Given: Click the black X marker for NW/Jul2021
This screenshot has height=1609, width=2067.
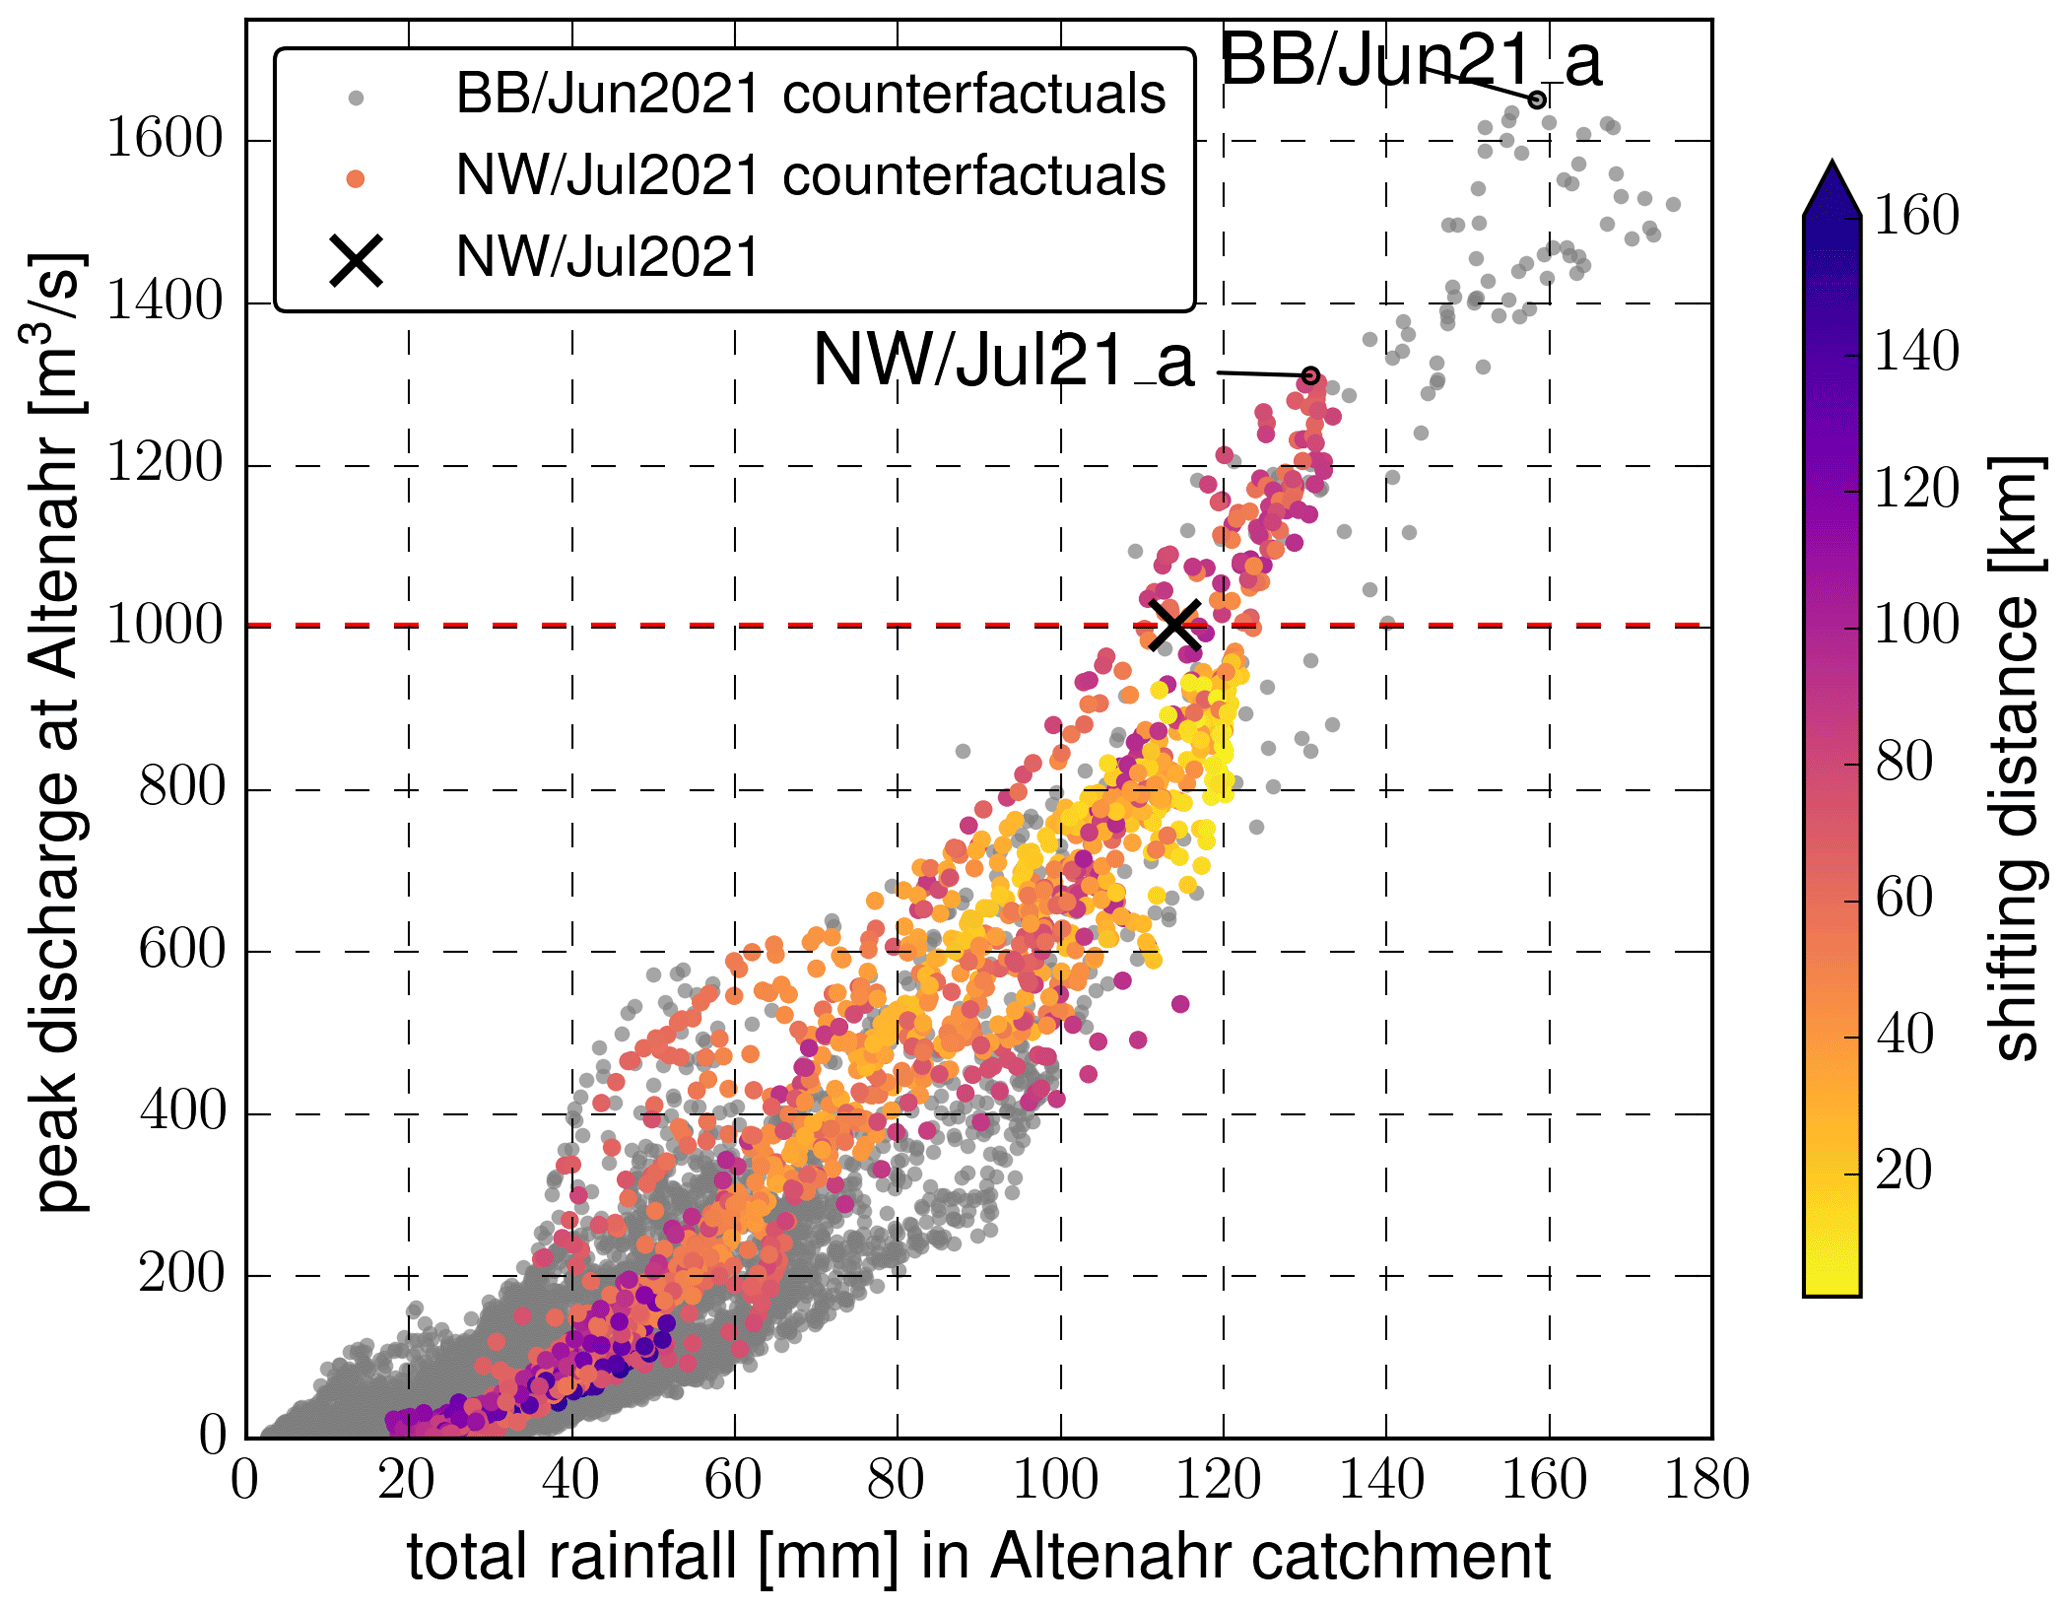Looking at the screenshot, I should [x=1174, y=625].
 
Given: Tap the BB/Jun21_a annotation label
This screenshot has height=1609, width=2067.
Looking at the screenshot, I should [x=1410, y=60].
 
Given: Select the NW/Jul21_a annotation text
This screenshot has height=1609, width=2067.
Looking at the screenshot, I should [x=1003, y=360].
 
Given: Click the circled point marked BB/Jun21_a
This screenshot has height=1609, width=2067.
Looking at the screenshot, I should [x=1538, y=99].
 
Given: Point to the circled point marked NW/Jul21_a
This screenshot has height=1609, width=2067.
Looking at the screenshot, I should [x=1311, y=376].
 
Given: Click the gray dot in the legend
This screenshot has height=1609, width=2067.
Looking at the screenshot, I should [x=355, y=98].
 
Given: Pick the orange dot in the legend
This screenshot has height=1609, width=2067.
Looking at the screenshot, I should [x=355, y=179].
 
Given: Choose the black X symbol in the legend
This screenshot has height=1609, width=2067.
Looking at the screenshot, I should [x=356, y=260].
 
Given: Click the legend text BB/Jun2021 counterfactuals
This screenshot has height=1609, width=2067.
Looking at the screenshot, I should [x=810, y=95].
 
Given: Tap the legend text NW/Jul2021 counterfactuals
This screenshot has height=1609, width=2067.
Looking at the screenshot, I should [x=810, y=176].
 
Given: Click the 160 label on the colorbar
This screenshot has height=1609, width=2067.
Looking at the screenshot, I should [x=1916, y=216].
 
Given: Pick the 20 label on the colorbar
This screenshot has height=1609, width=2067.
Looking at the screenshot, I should [x=1902, y=1170].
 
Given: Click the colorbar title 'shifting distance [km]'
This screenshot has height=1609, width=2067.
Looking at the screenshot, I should [x=2012, y=757].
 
